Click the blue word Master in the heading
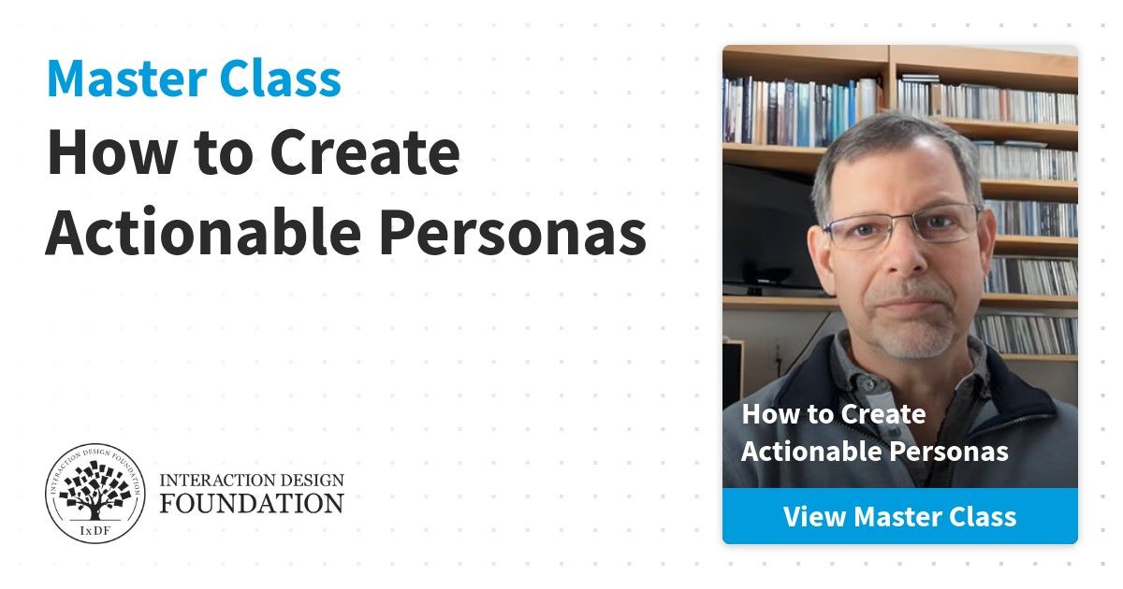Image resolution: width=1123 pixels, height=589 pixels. pos(126,79)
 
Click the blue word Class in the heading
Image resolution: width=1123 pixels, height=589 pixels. pos(280,79)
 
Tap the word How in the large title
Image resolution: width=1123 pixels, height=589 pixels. pos(111,152)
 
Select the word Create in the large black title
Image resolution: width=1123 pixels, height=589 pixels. pos(365,152)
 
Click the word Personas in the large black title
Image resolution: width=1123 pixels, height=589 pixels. pos(513,233)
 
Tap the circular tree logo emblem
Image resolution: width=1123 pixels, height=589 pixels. pos(95,494)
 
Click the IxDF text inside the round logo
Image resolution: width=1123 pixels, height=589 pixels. pos(95,530)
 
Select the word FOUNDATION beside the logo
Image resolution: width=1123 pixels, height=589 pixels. pos(252,503)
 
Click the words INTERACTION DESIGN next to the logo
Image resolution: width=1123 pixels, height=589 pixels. pos(252,481)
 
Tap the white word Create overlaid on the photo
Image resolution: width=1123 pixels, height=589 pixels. pos(883,414)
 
